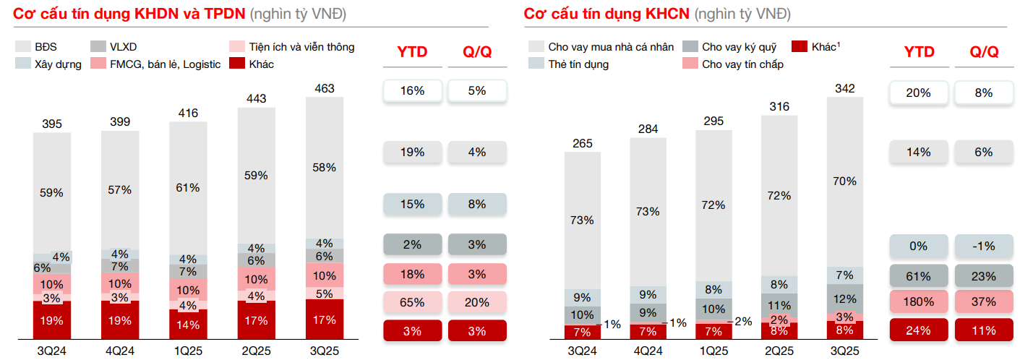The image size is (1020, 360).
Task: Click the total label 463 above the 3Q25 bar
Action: pos(325,88)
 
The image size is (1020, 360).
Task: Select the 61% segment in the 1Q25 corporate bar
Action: pos(188,187)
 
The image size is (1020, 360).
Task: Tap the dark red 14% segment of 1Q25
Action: pos(188,325)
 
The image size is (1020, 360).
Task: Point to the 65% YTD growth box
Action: pos(412,302)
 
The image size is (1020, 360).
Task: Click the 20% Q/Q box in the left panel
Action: pos(477,302)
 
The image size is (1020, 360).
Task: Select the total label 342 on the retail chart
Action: pos(844,88)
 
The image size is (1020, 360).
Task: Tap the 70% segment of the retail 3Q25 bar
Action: pos(844,181)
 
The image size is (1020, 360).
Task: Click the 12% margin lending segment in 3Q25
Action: pos(844,298)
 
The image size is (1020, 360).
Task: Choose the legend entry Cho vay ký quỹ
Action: pos(739,47)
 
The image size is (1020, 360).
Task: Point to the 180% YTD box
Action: pos(918,302)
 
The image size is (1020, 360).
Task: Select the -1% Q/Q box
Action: pos(984,246)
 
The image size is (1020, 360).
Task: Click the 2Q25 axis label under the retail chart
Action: pos(779,351)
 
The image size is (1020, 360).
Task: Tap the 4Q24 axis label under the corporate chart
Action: pos(120,351)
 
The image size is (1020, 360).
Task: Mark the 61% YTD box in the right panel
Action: pos(918,275)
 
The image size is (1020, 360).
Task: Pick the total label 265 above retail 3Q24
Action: pos(583,143)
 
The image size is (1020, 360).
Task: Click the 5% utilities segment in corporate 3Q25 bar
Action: pos(325,293)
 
